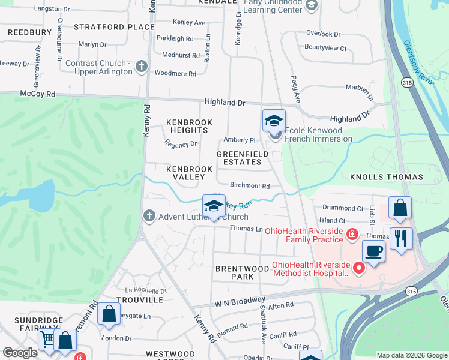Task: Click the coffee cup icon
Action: (373, 251)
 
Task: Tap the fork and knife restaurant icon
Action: (400, 238)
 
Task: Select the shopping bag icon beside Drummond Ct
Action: (400, 208)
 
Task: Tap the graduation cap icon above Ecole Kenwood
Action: (274, 121)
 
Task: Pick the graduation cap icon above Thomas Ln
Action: (214, 206)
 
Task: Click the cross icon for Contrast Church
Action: (142, 67)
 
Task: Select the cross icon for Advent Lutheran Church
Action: (149, 216)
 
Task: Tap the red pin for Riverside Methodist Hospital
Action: (360, 268)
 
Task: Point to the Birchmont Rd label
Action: (249, 187)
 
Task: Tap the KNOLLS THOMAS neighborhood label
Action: (387, 178)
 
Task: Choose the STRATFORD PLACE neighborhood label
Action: (114, 27)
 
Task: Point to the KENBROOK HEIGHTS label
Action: (188, 126)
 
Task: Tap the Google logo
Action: (20, 352)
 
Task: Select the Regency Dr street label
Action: (181, 144)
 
